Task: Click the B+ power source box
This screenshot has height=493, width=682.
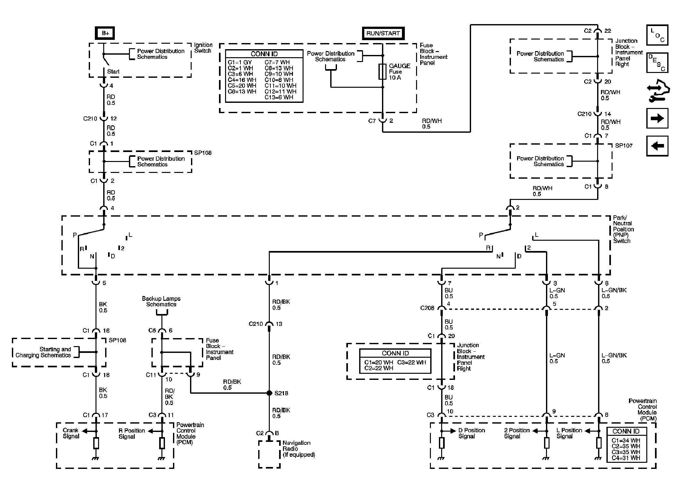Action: pos(105,33)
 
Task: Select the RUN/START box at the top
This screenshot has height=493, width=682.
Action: pos(383,33)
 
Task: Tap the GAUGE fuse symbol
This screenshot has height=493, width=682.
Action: pos(382,72)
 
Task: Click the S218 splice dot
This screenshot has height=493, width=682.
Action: pos(269,393)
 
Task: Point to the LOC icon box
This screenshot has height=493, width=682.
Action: pos(657,35)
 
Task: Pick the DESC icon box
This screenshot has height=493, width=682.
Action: pos(657,63)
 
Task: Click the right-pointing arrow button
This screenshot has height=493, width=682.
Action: pos(657,118)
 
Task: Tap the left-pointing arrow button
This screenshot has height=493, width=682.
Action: pos(657,146)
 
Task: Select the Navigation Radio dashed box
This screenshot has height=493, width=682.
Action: pos(269,454)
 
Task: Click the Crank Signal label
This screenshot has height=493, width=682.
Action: pos(71,433)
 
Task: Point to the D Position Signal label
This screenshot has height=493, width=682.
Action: pos(471,433)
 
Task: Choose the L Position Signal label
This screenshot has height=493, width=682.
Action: pos(569,433)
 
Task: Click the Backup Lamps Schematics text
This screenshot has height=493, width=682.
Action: pos(161,301)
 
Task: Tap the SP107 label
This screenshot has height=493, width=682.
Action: pos(624,146)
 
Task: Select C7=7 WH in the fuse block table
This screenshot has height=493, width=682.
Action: pos(277,62)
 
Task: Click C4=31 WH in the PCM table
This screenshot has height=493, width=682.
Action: pos(626,458)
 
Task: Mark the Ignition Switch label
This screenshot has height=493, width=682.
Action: pos(203,48)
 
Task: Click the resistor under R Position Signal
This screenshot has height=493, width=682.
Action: pos(162,443)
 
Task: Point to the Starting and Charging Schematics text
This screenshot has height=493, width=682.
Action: pos(43,352)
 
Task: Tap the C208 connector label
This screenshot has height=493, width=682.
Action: pos(427,308)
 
